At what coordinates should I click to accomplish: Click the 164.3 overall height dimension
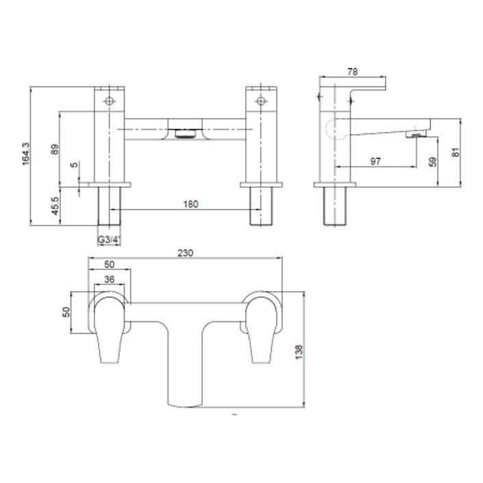pos(27,156)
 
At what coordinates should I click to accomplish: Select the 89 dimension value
pos(55,149)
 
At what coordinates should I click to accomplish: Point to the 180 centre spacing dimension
pos(190,203)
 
